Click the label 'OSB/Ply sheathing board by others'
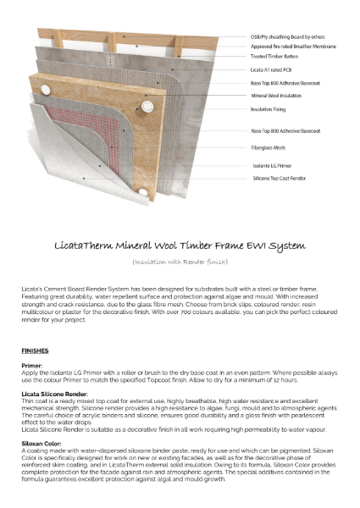[286, 37]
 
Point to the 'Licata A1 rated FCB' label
[272, 73]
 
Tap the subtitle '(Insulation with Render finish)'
[180, 264]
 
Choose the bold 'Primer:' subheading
[34, 366]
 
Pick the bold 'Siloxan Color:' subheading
[44, 444]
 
